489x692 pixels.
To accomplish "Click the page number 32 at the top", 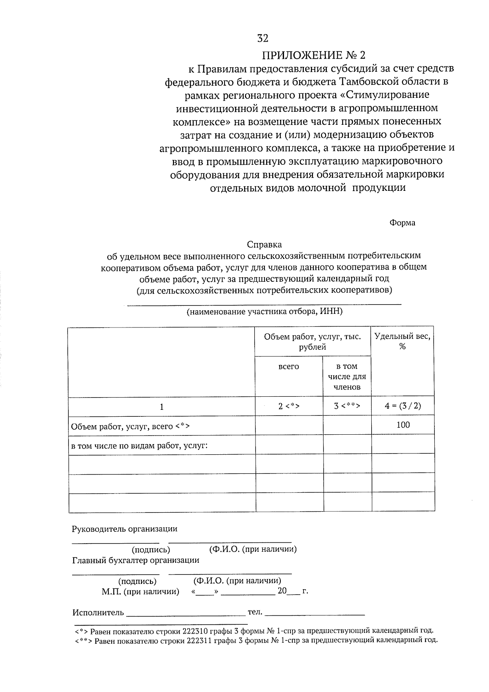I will click(263, 38).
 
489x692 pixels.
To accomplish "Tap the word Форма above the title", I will click(402, 223).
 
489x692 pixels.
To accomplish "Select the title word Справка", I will click(264, 245).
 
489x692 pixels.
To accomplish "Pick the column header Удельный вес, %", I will click(402, 341).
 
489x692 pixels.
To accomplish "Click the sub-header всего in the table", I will click(289, 367).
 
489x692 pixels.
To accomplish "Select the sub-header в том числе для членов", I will click(347, 376).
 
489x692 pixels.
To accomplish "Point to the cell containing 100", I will click(403, 425).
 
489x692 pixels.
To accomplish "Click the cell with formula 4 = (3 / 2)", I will click(403, 406).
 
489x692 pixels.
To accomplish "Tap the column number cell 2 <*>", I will click(289, 406).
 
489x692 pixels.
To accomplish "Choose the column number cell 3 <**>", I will click(347, 406).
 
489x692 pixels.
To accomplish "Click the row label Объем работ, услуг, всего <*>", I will click(130, 427).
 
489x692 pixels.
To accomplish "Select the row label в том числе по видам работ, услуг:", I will click(139, 445).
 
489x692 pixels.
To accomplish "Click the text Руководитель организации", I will click(125, 529).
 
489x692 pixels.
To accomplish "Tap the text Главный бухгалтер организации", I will click(136, 560).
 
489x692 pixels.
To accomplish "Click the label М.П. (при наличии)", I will click(140, 591).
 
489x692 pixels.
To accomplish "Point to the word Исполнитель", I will click(98, 612).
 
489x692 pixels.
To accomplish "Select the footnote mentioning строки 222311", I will click(256, 640).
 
